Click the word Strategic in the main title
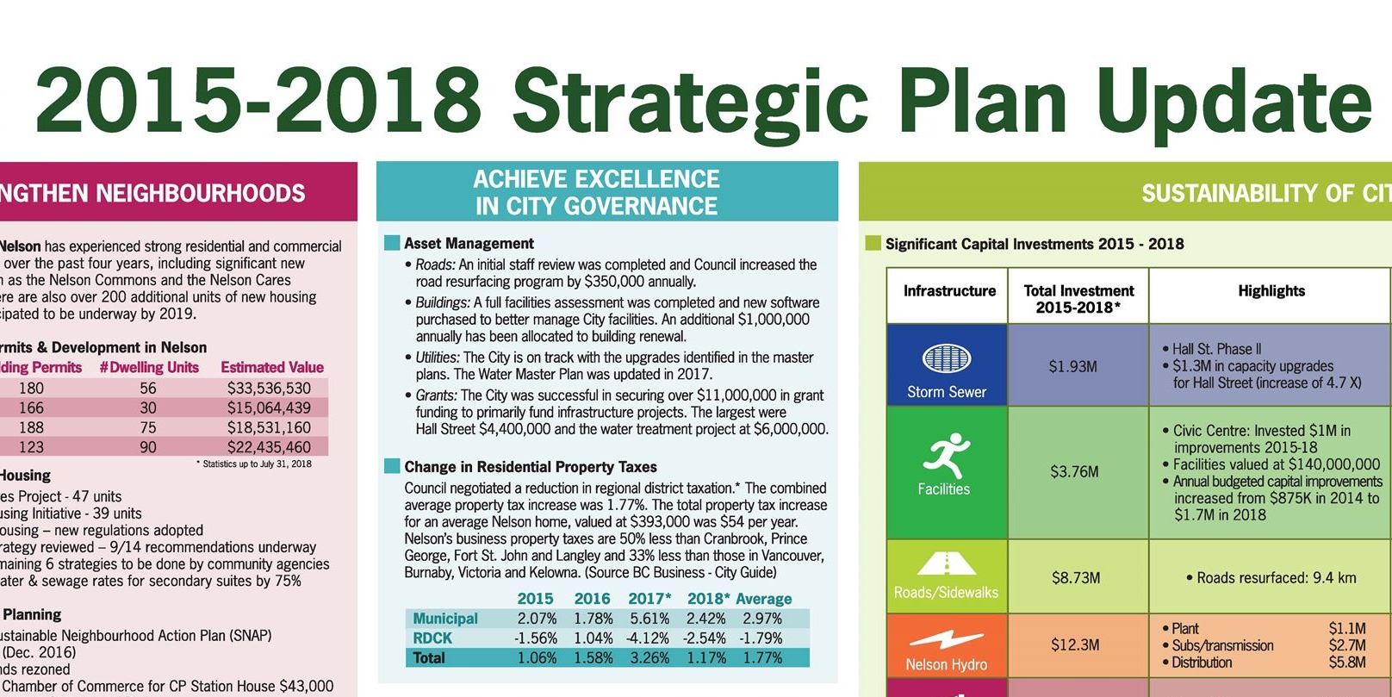coord(690,100)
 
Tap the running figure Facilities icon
coord(945,457)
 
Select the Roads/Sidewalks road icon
coord(946,564)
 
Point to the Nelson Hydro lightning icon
coord(946,639)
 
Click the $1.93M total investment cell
coord(1073,366)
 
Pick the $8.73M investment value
coord(1075,577)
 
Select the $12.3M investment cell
coord(1075,644)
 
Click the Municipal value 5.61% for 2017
coord(649,619)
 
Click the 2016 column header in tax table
coord(592,599)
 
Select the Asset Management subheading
coord(469,244)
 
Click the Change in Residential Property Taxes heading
coord(530,467)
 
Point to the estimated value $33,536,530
coord(269,389)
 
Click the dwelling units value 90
coord(148,447)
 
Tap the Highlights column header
coord(1271,291)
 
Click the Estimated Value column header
coord(272,367)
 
